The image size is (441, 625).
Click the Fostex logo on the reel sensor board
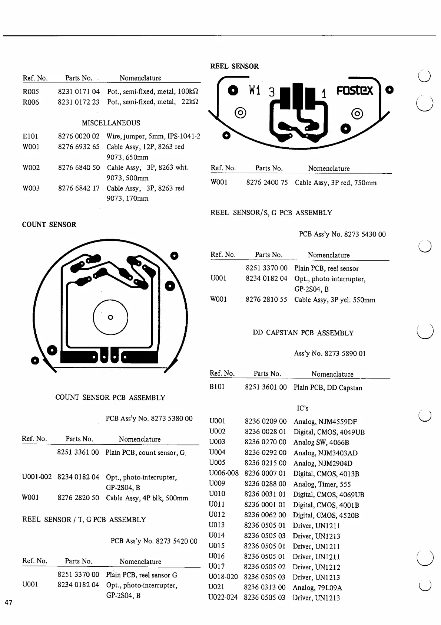coord(355,91)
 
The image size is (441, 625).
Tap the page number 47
coord(9,603)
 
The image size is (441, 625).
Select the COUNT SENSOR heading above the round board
coord(49,225)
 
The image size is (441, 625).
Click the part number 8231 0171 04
coord(79,91)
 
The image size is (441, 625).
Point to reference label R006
coord(31,102)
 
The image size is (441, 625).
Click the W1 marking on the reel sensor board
coord(255,90)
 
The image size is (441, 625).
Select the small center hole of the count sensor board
coord(110,317)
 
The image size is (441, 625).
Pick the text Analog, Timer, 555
coord(322,484)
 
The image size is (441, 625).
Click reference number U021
coord(216,587)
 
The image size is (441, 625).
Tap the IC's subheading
coord(302,408)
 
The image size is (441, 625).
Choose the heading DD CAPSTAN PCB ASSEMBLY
coord(303,333)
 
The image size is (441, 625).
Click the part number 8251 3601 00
coord(266,387)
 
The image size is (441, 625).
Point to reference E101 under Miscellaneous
coord(30,136)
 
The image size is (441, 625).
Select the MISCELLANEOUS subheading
coord(111,123)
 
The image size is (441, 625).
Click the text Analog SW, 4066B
coord(321,442)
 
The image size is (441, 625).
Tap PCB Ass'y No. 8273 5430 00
coord(342,234)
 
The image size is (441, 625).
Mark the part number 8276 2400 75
coord(267,183)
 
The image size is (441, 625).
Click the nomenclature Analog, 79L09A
coord(317,588)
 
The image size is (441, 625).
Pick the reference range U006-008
coord(224,473)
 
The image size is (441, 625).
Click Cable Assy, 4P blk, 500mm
coord(147,498)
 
